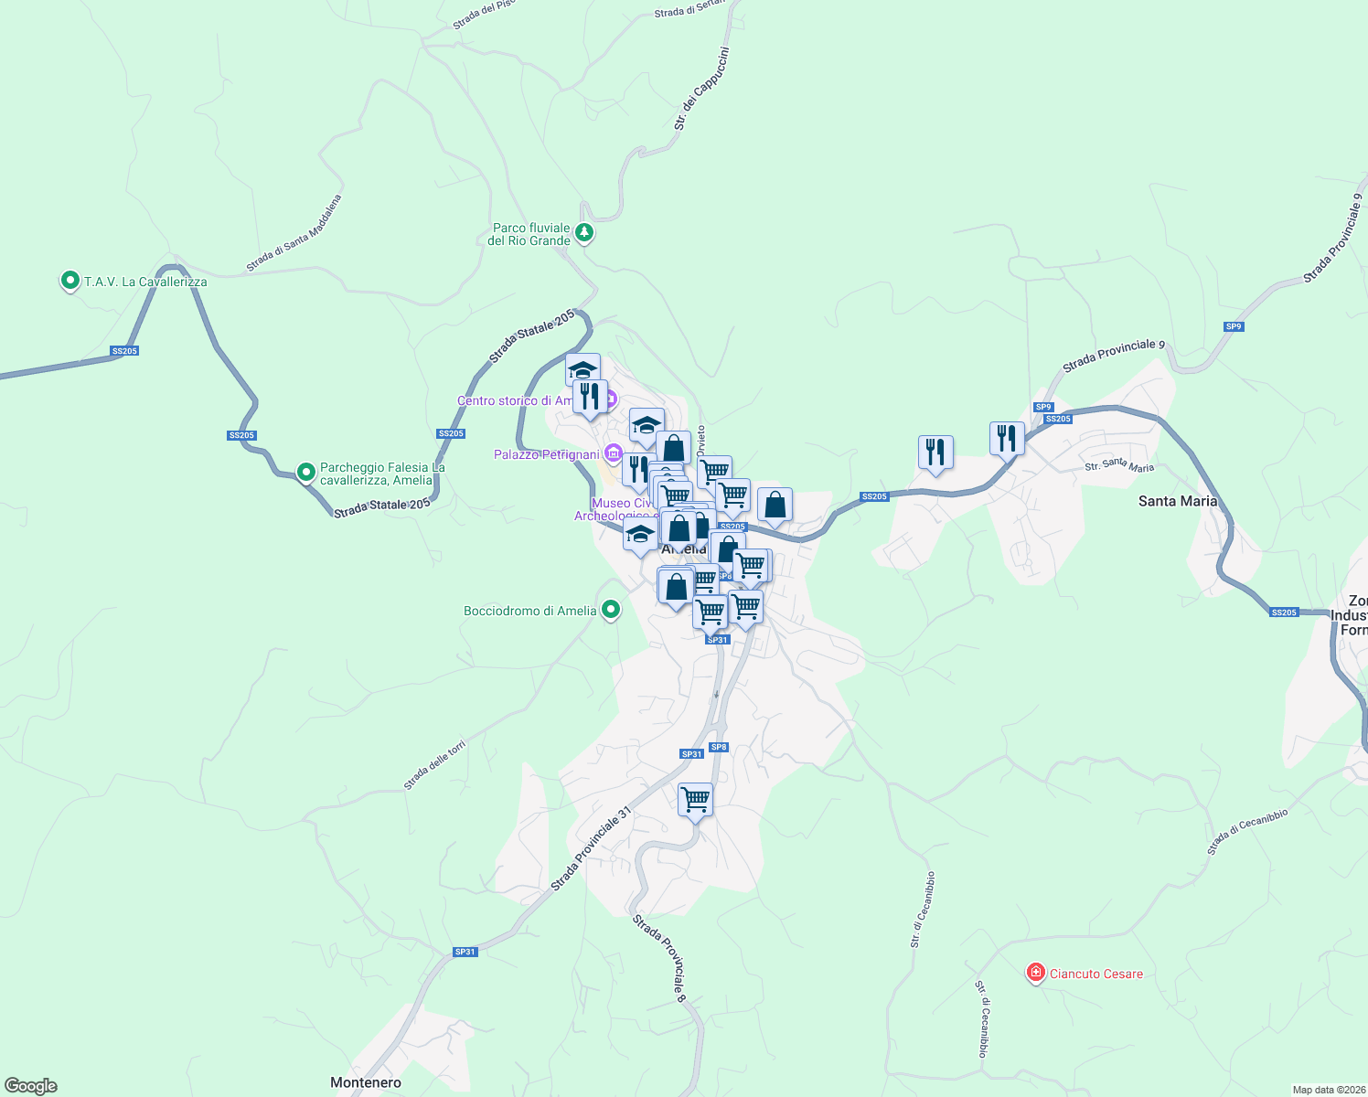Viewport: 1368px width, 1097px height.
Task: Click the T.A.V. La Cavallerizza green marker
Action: pos(69,281)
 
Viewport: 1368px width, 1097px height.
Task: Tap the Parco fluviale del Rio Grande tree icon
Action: pos(583,233)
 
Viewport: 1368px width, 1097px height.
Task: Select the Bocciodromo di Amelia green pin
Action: pos(612,610)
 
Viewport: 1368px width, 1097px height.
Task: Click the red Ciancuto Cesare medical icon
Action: pos(1035,973)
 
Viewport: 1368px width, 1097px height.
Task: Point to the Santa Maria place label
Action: pos(1178,501)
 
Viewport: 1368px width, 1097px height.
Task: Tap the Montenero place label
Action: pos(366,1082)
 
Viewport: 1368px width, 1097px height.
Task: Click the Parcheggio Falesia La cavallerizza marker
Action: pos(306,473)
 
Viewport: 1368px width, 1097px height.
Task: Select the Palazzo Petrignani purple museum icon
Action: pos(613,453)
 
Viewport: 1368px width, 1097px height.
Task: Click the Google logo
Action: pos(31,1086)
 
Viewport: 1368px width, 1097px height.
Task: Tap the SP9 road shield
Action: pos(1234,326)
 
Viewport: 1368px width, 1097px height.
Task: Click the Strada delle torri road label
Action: pos(435,765)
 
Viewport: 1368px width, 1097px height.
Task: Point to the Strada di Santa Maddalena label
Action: pos(294,233)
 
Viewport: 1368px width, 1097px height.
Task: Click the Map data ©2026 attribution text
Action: pos(1328,1090)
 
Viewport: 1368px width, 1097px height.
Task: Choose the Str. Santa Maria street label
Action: pos(1119,466)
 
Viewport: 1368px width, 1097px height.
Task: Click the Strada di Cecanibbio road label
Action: pos(1247,831)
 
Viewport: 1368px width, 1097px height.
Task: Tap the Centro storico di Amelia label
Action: pos(516,400)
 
